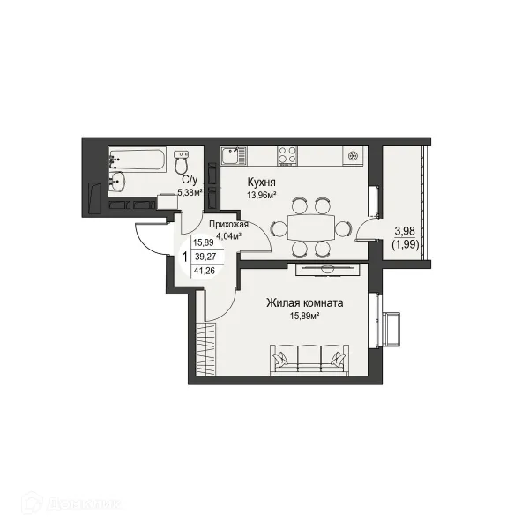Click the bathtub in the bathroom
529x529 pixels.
(137, 160)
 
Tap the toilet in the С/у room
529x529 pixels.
(182, 162)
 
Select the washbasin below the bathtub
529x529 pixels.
(117, 183)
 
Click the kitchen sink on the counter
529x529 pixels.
(234, 156)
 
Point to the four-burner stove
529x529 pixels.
(287, 156)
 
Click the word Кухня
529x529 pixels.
(262, 183)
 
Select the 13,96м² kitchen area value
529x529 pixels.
(262, 195)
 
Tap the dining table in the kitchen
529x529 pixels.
(310, 227)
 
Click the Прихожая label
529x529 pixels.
(228, 224)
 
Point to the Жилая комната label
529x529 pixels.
(305, 303)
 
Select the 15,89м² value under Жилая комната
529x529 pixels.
(305, 317)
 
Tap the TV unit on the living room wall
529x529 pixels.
(327, 269)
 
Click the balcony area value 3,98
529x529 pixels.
(405, 231)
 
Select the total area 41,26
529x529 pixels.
(205, 271)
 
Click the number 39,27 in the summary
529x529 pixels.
(205, 257)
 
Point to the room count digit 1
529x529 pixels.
(184, 257)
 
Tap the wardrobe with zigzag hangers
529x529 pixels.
(205, 348)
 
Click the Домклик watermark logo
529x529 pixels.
(71, 503)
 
